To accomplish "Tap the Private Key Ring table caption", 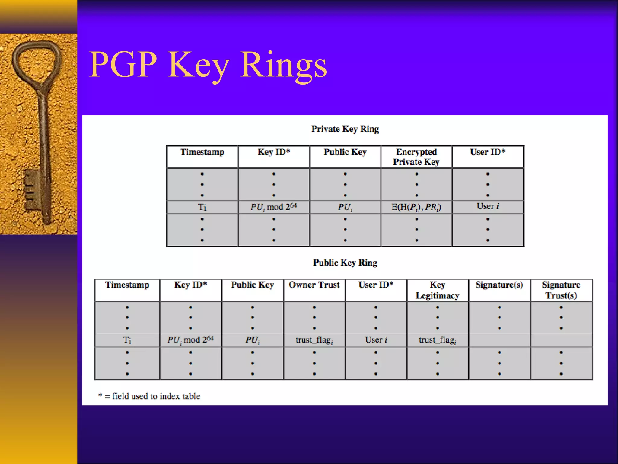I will pos(345,129).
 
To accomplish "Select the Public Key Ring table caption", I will pos(345,263).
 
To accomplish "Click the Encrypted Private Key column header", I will pos(416,157).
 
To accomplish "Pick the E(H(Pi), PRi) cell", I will pos(416,207).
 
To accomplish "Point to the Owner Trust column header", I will pos(314,285).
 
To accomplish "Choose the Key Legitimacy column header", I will pos(437,290).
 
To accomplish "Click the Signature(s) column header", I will pos(499,285).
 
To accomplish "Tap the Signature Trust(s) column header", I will pos(561,290).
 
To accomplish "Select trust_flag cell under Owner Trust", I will pos(314,340).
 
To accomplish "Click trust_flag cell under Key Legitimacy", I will pos(437,340).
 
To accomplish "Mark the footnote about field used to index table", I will pos(149,396).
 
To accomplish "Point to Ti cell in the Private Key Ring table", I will pos(202,207).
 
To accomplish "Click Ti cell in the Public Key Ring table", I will pos(127,340).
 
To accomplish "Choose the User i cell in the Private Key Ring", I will pos(488,207).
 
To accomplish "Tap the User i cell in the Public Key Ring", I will pos(376,340).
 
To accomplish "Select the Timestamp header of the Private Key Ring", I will pos(202,152).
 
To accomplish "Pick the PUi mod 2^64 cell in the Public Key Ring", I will pos(190,340).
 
